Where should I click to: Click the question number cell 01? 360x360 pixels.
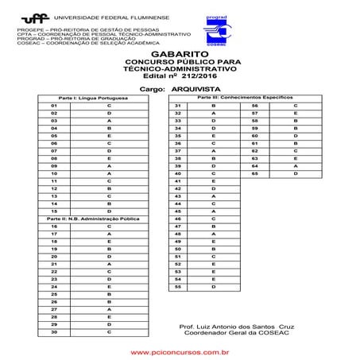click(53, 106)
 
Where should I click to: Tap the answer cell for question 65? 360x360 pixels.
click(295, 172)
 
